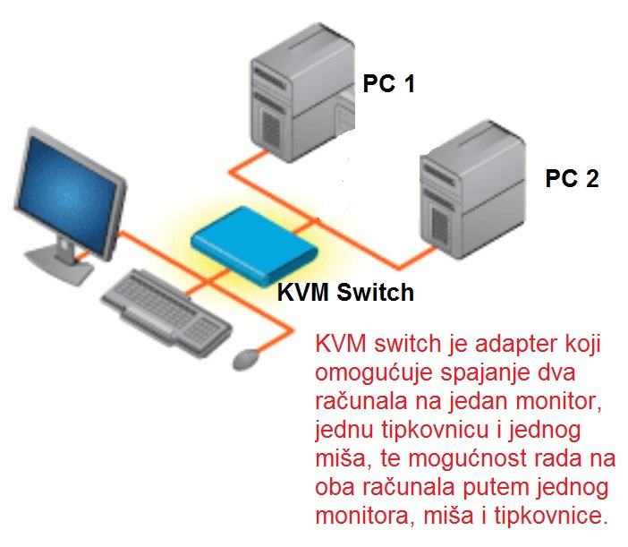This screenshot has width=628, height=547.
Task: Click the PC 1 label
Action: (388, 85)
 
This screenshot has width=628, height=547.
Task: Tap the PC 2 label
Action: (572, 178)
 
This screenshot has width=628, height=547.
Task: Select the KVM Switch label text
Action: (345, 293)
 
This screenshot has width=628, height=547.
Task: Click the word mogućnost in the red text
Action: (446, 459)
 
